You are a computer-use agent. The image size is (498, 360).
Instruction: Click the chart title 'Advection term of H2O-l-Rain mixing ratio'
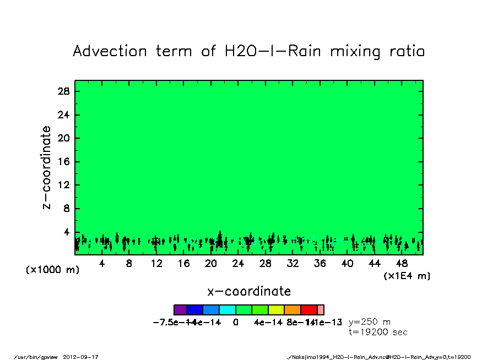point(249,52)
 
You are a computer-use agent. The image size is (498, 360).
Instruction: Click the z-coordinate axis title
point(47,167)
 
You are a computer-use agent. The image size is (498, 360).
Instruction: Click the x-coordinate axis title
point(249,291)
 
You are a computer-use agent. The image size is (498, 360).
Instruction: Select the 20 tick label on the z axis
point(63,138)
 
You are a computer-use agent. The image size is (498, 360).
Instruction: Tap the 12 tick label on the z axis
point(63,185)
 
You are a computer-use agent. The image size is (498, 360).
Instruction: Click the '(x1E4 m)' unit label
point(407,276)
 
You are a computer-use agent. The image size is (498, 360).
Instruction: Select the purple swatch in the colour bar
point(180,310)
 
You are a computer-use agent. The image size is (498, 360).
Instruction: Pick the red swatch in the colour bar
point(309,310)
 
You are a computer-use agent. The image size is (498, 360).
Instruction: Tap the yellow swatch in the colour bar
point(277,310)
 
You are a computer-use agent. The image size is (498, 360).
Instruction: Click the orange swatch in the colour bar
point(293,310)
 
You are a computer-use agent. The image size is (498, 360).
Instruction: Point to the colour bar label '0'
point(236,323)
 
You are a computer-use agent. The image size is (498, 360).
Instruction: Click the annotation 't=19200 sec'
point(378,332)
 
